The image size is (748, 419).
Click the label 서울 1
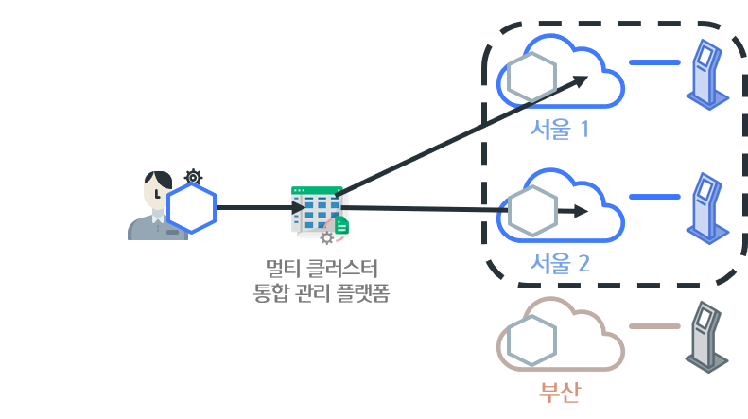[560, 129]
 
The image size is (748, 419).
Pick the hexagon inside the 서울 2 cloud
[531, 211]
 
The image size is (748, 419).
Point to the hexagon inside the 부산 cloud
[531, 341]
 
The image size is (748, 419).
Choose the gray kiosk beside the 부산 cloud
[709, 338]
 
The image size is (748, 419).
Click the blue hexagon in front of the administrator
[192, 208]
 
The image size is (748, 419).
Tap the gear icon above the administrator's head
[194, 176]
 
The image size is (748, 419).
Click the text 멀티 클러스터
[322, 270]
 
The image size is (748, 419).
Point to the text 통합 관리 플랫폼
[322, 294]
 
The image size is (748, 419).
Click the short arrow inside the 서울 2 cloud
[572, 210]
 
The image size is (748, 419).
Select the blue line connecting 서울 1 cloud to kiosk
[654, 63]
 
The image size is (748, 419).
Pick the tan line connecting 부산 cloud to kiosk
[654, 326]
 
